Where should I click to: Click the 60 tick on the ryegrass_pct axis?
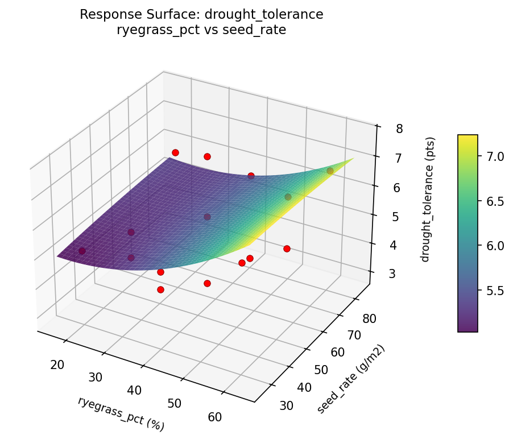tap(214, 417)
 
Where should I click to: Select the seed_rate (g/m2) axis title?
tap(351, 379)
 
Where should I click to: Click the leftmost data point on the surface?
tap(82, 251)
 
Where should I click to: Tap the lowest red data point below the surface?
tap(160, 289)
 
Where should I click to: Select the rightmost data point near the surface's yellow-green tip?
tap(330, 171)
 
